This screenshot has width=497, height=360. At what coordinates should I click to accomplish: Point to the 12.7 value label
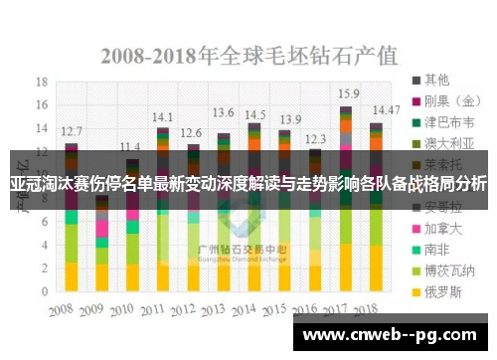point(71,130)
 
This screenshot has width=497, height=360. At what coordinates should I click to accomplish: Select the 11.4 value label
point(129,146)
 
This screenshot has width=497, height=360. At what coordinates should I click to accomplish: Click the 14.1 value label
point(162,115)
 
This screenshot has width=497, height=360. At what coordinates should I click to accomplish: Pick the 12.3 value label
point(315,139)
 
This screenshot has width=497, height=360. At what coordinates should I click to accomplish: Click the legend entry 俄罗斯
point(442,293)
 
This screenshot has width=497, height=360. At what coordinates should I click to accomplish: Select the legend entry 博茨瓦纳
point(448,270)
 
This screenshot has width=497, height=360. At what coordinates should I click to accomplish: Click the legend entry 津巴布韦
point(448,123)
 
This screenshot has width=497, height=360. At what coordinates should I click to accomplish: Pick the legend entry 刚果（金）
point(453,100)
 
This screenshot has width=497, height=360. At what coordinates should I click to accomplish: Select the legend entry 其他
point(436,78)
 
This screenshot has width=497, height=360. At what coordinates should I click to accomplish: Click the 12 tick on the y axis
point(42,151)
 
